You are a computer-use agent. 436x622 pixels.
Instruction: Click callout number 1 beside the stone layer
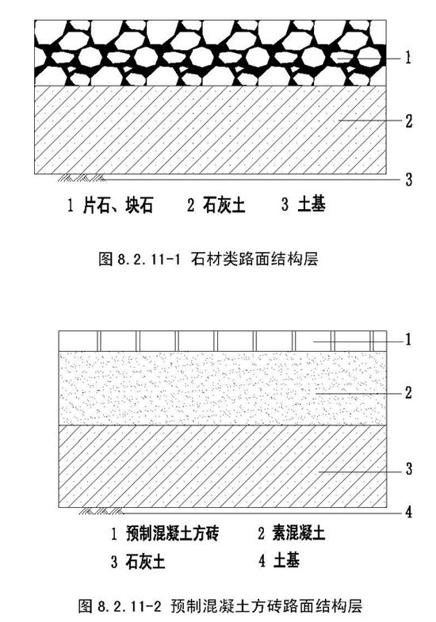(407, 59)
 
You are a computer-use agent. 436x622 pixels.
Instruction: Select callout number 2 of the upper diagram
(408, 120)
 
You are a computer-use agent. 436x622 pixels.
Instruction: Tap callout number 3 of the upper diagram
(408, 180)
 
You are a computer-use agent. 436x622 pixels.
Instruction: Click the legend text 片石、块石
(118, 205)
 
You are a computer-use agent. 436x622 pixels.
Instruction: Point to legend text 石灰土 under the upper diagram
(224, 205)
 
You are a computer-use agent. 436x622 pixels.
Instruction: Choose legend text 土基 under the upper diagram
(312, 205)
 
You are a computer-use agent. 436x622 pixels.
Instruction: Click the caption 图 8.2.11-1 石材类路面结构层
(208, 259)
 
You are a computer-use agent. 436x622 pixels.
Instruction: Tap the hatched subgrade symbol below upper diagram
(82, 177)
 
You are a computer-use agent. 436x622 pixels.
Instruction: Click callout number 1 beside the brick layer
(407, 340)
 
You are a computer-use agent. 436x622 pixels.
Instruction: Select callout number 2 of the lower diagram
(408, 393)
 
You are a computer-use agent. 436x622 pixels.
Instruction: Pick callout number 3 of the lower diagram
(408, 469)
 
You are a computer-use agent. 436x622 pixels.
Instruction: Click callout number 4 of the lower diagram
(408, 512)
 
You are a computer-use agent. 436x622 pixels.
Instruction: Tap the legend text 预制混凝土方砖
(172, 533)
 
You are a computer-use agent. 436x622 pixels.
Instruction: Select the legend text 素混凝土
(298, 533)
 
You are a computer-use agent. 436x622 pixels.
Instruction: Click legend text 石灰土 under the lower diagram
(145, 562)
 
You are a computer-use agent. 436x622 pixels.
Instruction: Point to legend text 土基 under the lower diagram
(286, 561)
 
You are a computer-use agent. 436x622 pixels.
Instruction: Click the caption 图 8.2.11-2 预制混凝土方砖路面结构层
(220, 606)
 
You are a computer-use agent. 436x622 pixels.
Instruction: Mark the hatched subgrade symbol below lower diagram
(101, 511)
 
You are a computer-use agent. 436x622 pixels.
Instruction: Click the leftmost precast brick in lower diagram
(78, 342)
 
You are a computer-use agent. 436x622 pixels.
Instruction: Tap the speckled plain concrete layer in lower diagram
(222, 388)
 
